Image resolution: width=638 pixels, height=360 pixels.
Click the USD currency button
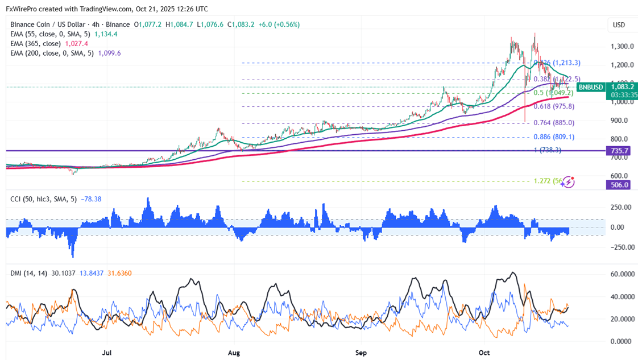click(618, 25)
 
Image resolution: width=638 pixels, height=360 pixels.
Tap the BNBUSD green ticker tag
click(590, 87)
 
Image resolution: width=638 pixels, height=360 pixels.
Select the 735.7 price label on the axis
click(619, 151)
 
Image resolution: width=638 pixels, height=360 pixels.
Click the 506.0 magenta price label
click(619, 185)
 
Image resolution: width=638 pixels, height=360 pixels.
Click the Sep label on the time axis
click(361, 353)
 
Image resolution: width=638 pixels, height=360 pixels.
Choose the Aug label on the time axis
click(234, 353)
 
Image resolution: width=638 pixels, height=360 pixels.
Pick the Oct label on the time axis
click(484, 353)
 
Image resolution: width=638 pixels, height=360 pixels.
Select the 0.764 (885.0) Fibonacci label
click(553, 123)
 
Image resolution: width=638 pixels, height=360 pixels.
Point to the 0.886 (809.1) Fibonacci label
click(553, 137)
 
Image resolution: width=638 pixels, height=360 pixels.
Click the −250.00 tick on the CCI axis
click(620, 247)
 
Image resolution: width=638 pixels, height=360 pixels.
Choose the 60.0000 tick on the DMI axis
click(620, 274)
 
